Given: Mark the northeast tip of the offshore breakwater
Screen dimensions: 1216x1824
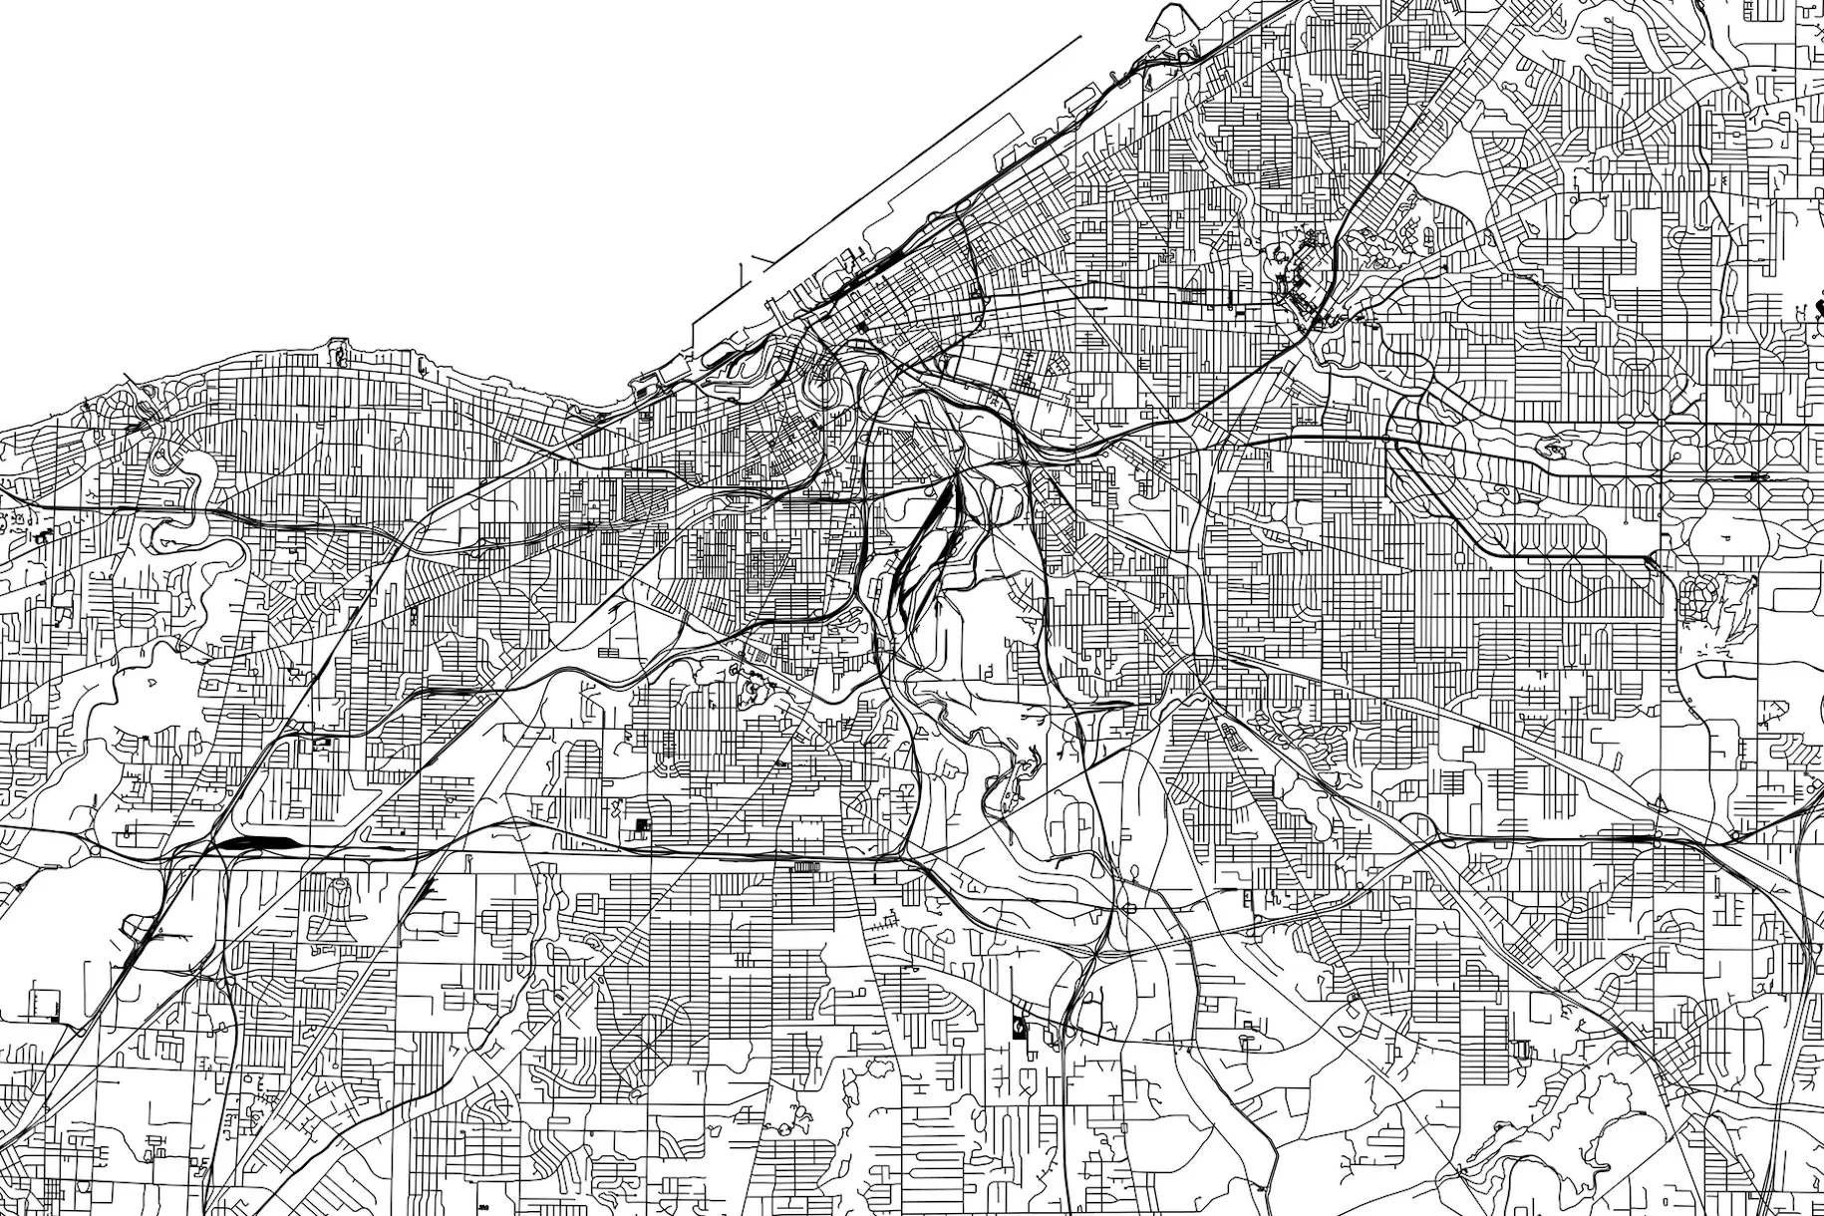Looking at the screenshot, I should [1081, 38].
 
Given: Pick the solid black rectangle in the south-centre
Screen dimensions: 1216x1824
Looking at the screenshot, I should [1019, 1026].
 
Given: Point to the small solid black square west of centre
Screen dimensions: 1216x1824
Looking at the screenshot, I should [641, 825].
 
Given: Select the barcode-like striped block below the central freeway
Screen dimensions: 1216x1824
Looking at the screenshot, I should [802, 867].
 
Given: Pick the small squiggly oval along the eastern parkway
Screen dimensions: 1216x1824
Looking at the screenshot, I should [1553, 450].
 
